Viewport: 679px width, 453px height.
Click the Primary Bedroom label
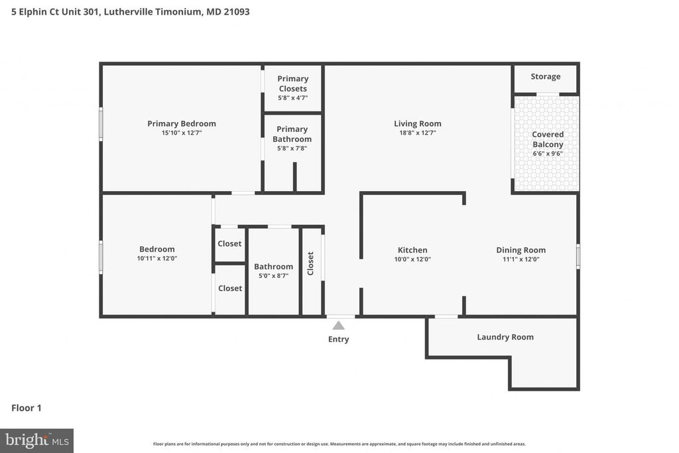point(181,123)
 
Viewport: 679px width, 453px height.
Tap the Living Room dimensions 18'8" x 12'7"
point(417,133)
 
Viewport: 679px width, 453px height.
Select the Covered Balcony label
point(548,139)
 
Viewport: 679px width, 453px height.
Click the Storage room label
point(545,77)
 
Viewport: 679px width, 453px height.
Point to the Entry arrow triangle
point(338,326)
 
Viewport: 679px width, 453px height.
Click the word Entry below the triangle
point(338,340)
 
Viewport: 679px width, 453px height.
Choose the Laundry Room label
point(505,337)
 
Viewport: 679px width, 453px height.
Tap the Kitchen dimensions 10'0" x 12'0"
point(412,259)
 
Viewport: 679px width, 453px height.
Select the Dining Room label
point(521,250)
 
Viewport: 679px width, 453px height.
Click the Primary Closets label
point(292,84)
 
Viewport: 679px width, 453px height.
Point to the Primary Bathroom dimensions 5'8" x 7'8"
point(292,149)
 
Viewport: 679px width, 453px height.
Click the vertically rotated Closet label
point(310,263)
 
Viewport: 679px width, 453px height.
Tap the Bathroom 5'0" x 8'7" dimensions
point(273,276)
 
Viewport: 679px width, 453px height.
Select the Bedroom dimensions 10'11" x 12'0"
point(157,259)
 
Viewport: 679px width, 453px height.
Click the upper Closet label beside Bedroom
point(230,243)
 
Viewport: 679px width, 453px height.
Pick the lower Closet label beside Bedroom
point(230,289)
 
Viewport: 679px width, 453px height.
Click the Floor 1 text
point(27,408)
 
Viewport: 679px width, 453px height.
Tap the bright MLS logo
point(36,440)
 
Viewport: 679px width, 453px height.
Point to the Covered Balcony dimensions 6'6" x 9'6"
point(548,154)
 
